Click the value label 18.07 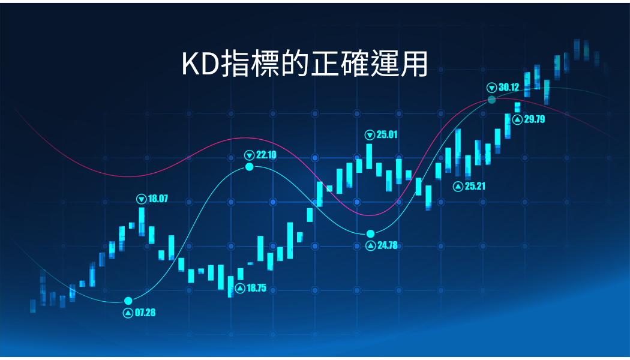158,199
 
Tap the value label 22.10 266,155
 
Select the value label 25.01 387,134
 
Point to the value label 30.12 509,87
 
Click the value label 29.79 535,119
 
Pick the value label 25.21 475,186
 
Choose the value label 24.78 388,245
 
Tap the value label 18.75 256,288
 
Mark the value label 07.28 145,313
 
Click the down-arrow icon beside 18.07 142,199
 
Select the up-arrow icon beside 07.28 128,313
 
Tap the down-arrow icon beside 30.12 492,88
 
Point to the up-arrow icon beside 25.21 458,187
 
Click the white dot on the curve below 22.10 250,167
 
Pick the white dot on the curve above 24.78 370,234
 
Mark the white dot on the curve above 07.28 128,301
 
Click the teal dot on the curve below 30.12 492,100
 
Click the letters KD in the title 200,64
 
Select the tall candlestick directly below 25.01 369,156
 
